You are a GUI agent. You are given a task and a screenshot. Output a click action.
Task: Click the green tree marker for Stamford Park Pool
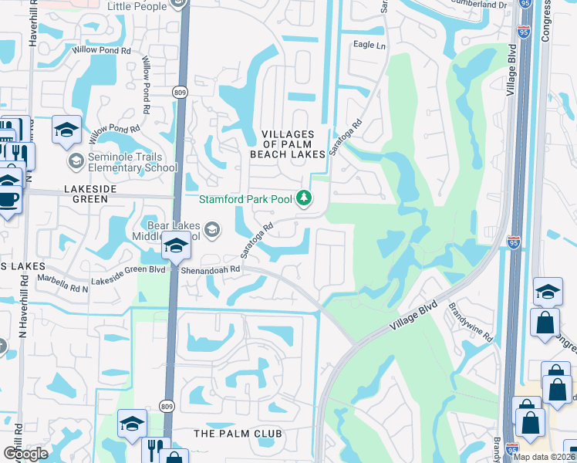pyautogui.click(x=304, y=199)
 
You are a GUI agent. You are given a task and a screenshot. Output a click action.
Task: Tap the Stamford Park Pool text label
pyautogui.click(x=245, y=199)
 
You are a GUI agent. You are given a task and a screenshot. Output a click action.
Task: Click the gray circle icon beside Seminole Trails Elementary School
pyautogui.click(x=76, y=161)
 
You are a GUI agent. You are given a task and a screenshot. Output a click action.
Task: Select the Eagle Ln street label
pyautogui.click(x=369, y=46)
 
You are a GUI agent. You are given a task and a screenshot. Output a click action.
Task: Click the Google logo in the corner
pyautogui.click(x=26, y=454)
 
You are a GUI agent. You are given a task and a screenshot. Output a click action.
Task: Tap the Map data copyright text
pyautogui.click(x=542, y=457)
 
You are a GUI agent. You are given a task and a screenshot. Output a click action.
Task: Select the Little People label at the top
pyautogui.click(x=137, y=6)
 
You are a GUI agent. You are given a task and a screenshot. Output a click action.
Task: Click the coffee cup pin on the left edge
pyautogui.click(x=8, y=198)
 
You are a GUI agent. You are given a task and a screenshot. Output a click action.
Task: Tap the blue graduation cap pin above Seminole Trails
pyautogui.click(x=67, y=129)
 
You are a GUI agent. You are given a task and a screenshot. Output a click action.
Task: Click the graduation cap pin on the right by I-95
pyautogui.click(x=548, y=292)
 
